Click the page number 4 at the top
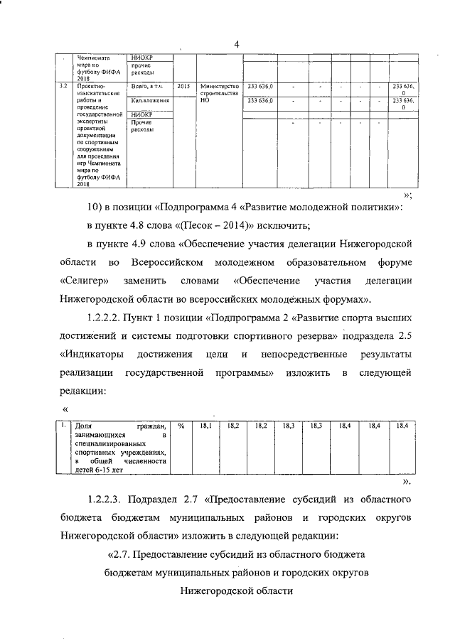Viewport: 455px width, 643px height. click(237, 45)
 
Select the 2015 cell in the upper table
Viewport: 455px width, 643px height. click(183, 86)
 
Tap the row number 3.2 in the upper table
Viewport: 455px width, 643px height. click(63, 86)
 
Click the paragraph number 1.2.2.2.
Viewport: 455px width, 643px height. click(110, 318)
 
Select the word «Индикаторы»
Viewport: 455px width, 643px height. click(89, 353)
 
